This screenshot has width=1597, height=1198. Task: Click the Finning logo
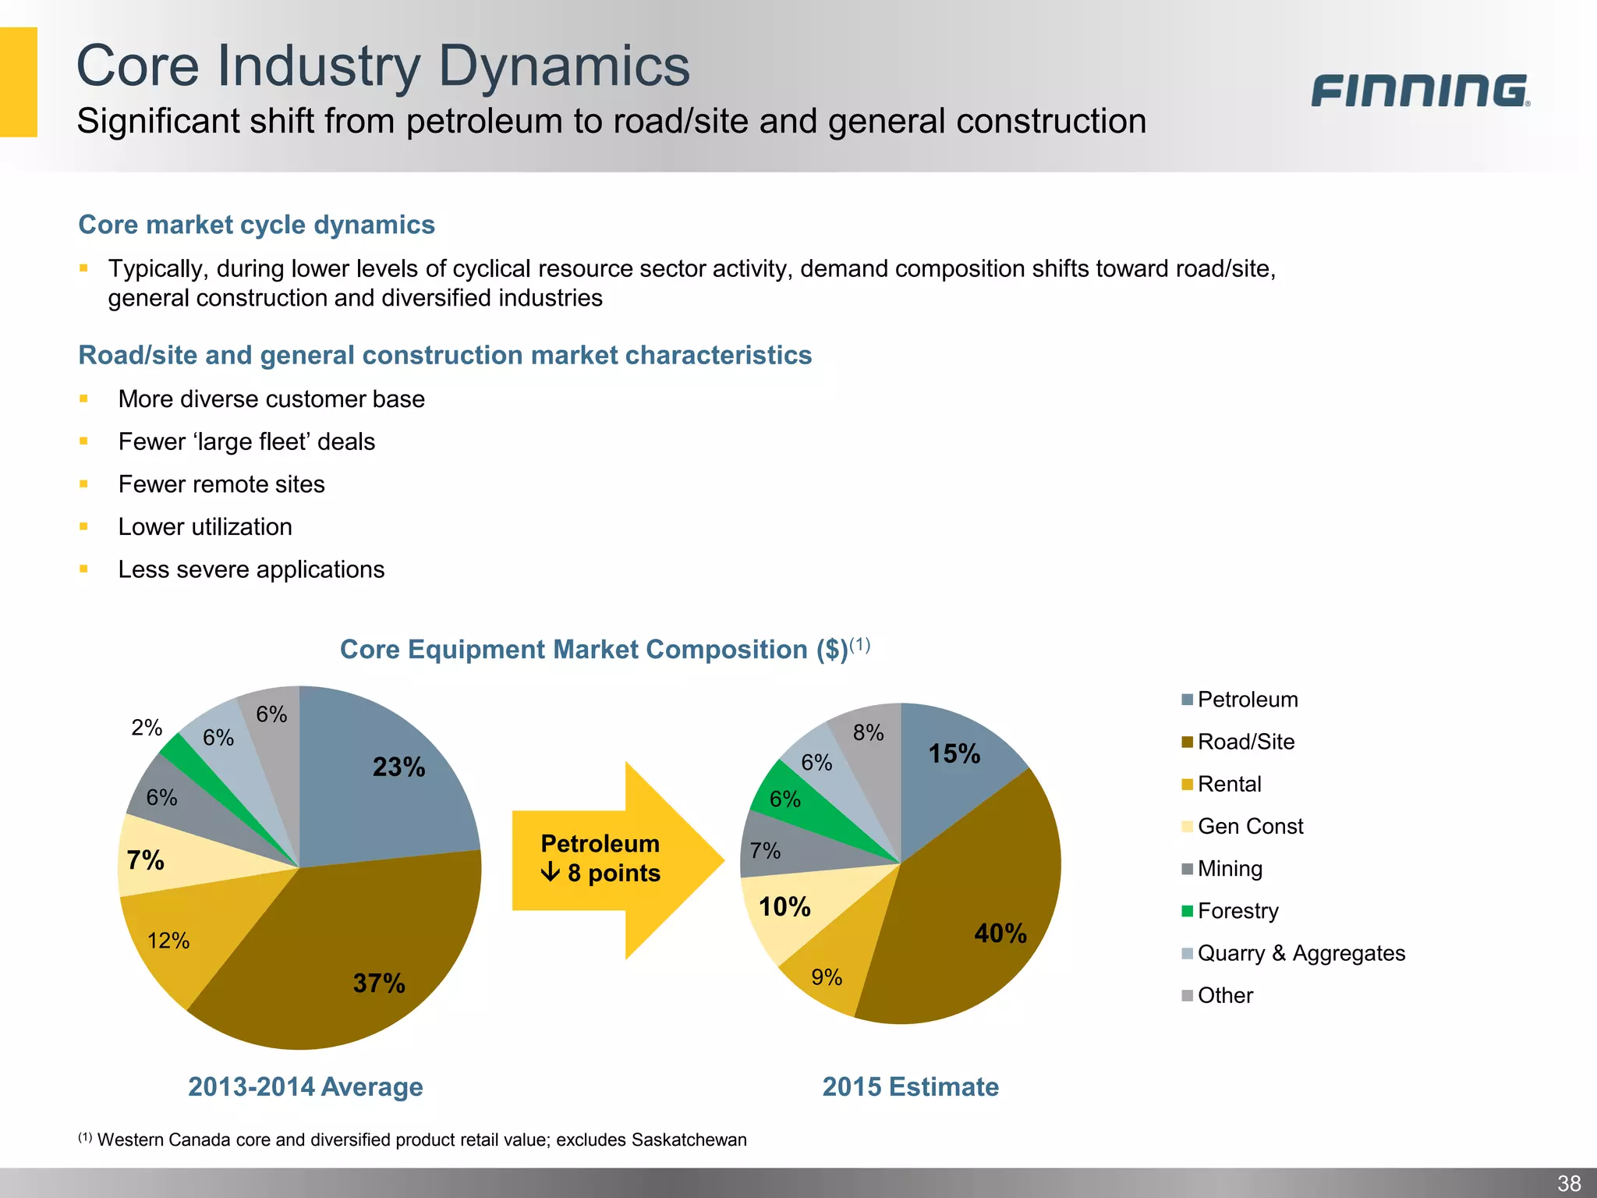tap(1419, 91)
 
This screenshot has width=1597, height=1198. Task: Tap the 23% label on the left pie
tap(398, 767)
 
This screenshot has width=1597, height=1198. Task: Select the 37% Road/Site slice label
tap(379, 984)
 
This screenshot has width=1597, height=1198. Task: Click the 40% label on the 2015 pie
tap(1000, 934)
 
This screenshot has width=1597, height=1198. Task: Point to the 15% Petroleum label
tap(954, 754)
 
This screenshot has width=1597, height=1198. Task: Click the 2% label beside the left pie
tap(147, 728)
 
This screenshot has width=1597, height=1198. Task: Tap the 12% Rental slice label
tap(168, 941)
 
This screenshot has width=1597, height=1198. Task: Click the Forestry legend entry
tap(1238, 911)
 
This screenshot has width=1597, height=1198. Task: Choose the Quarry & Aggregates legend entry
tap(1301, 953)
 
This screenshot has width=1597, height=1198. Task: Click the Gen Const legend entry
tap(1249, 827)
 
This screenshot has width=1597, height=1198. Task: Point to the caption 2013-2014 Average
tap(306, 1086)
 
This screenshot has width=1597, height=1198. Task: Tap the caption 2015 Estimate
tap(910, 1086)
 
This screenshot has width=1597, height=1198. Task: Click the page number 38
tap(1569, 1183)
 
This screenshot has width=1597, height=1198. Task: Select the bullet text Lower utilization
tap(205, 527)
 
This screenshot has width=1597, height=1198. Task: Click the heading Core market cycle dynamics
tap(257, 225)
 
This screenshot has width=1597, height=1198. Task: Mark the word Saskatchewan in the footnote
tap(689, 1140)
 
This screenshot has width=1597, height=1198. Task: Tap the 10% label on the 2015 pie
tap(784, 907)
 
